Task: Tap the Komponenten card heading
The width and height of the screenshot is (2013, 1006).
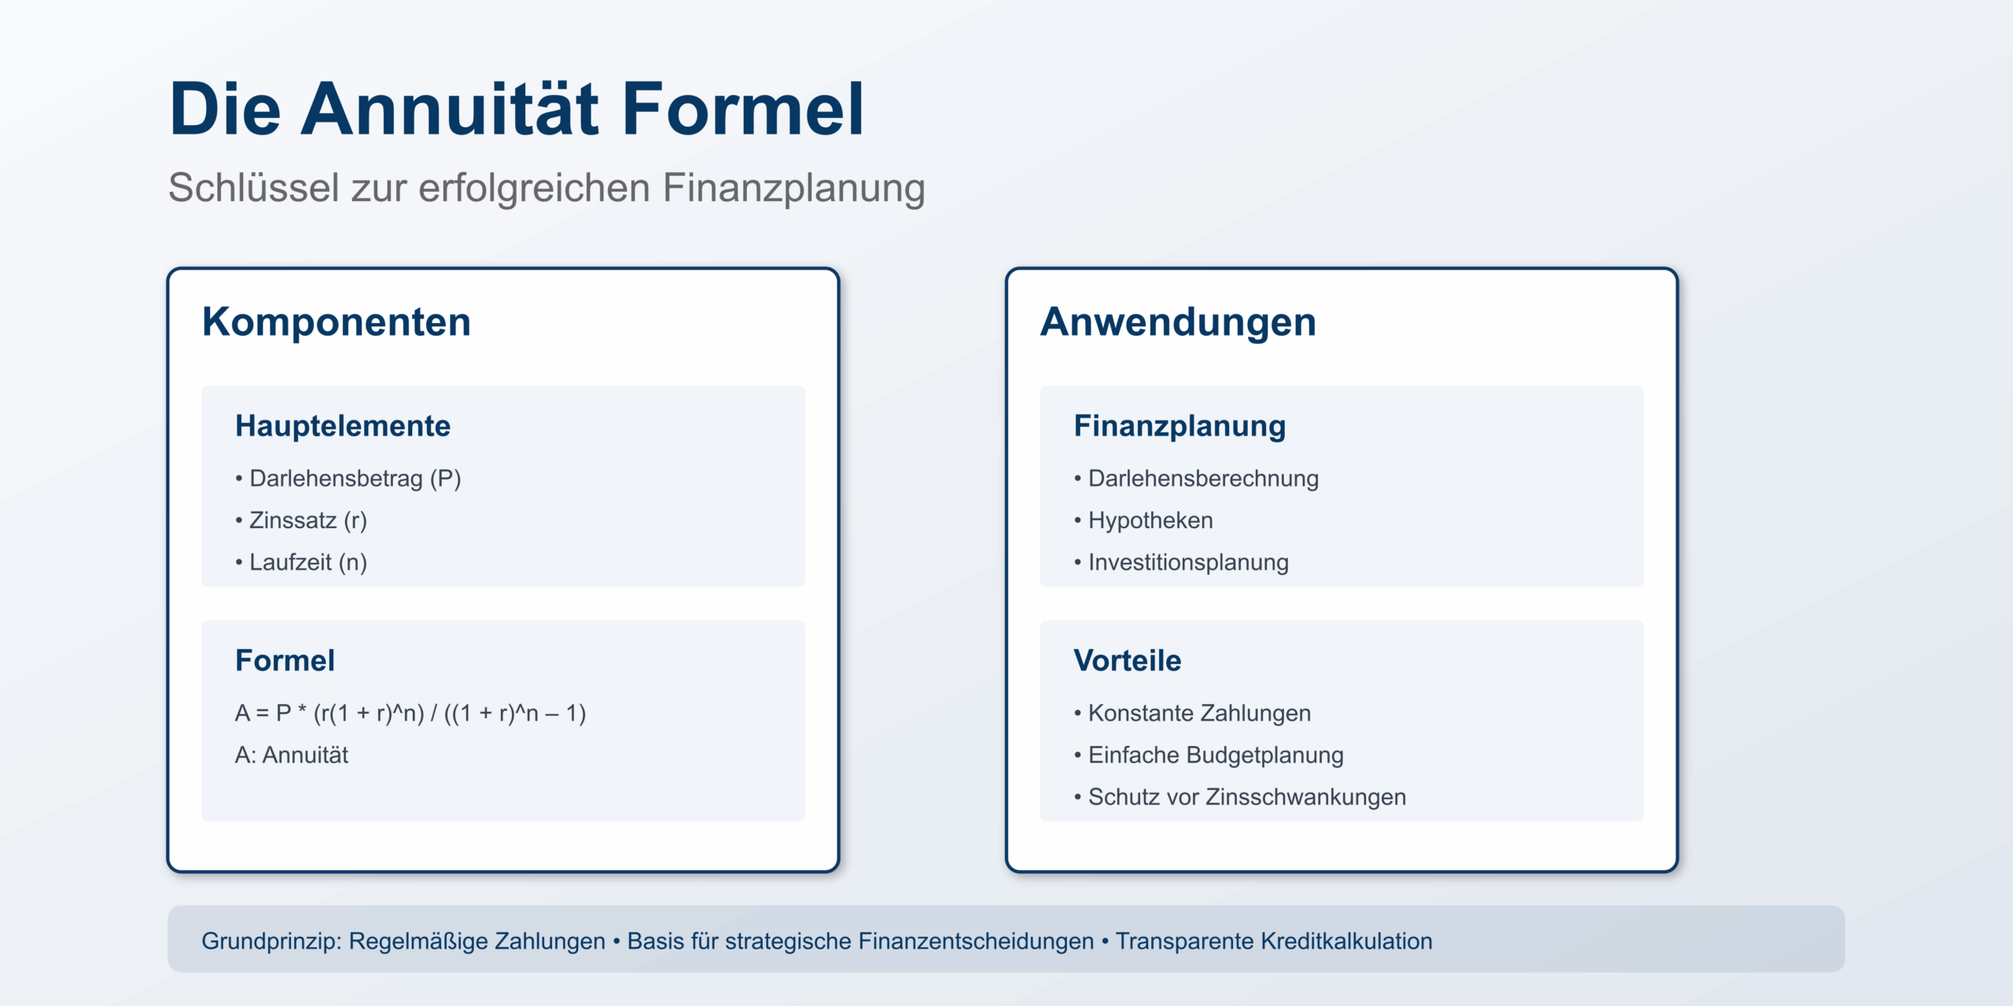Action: coord(337,322)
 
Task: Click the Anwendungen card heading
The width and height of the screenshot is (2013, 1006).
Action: coord(1178,322)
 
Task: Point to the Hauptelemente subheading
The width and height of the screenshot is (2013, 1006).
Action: coord(343,426)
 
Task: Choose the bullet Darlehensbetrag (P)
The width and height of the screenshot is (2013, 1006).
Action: coord(348,479)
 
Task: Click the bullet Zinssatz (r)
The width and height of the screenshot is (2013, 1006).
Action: coord(300,520)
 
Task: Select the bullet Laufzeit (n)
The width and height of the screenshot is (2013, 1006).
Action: coord(300,563)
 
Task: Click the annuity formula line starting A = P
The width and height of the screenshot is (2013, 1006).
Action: coord(410,714)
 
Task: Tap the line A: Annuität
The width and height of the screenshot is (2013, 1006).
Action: coord(292,755)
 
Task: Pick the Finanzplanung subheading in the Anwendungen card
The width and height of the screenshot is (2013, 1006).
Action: coord(1179,426)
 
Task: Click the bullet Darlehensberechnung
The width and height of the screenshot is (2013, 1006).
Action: coord(1196,479)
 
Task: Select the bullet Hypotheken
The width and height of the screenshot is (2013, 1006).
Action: coord(1143,520)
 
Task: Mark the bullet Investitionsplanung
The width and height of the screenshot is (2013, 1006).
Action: coord(1181,563)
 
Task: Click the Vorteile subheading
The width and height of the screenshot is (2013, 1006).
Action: coord(1128,661)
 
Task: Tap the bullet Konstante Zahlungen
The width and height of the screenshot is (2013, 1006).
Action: coord(1192,714)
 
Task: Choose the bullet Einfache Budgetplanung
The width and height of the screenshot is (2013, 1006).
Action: coord(1209,755)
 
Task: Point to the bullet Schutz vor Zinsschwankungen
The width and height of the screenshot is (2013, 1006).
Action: coord(1240,797)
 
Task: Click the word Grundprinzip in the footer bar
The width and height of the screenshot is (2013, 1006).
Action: coord(271,942)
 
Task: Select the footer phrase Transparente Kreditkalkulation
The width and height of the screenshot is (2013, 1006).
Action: coord(1274,942)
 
